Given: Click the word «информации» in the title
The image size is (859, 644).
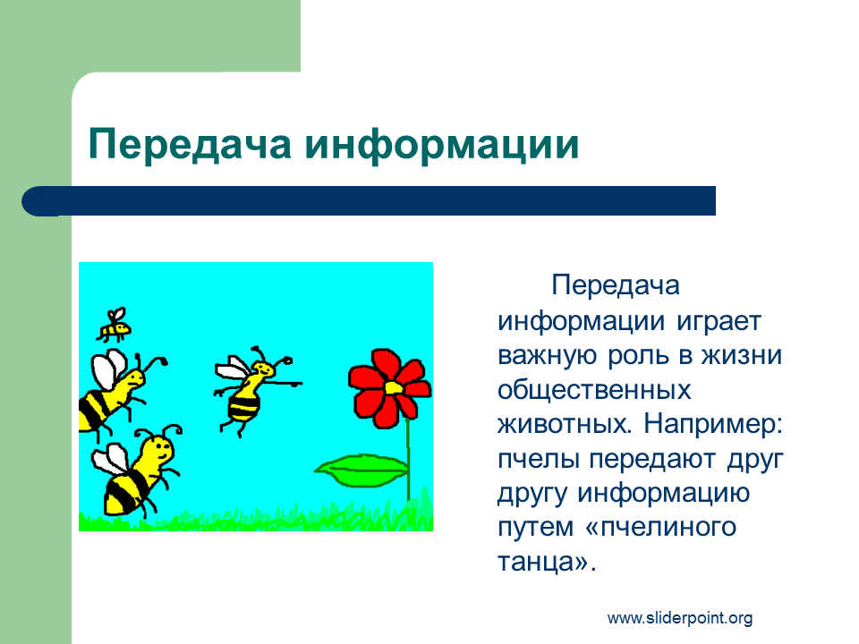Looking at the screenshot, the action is click(x=442, y=145).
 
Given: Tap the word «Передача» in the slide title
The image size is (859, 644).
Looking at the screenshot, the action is click(x=190, y=145).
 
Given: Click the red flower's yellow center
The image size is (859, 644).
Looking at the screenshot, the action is click(x=394, y=387).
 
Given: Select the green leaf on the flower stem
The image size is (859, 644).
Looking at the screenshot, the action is click(x=362, y=470).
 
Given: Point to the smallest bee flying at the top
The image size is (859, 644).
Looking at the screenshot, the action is click(x=115, y=325).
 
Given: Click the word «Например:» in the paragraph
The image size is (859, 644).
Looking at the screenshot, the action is click(x=713, y=424).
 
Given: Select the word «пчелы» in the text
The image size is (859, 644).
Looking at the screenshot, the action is click(x=538, y=459).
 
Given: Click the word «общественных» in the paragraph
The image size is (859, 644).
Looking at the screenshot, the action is click(x=594, y=391).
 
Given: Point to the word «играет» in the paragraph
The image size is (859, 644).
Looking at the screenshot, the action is click(x=719, y=322).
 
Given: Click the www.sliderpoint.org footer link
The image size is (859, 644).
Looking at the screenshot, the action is click(x=680, y=618).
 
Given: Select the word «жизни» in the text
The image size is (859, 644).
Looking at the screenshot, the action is click(x=742, y=355).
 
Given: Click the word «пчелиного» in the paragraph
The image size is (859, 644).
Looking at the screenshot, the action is click(x=668, y=528).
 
